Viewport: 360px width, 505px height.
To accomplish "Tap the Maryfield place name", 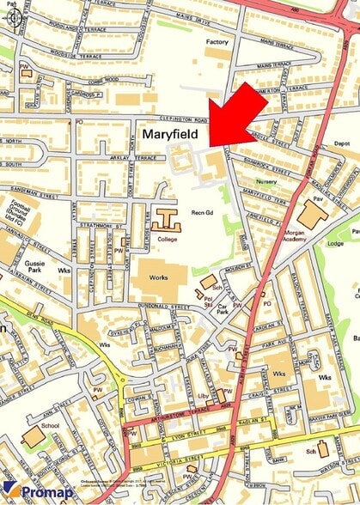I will pos(171,135).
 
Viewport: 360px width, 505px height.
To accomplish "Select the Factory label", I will pos(217,41).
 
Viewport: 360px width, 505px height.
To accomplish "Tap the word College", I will pos(168,238).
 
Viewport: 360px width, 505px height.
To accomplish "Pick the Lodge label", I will pos(335,244).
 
